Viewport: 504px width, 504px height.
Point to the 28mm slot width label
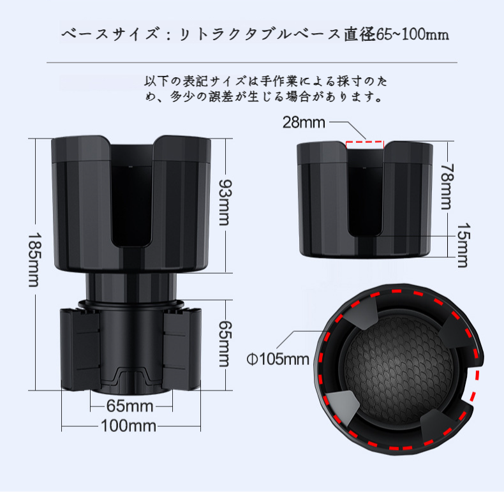pyautogui.click(x=304, y=122)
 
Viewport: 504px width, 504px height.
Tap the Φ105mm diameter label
pyautogui.click(x=278, y=359)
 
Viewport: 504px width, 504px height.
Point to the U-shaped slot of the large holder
pyautogui.click(x=135, y=198)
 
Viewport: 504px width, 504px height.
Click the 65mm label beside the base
pyautogui.click(x=223, y=343)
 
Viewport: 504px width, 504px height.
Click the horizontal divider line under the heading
pyautogui.click(x=252, y=63)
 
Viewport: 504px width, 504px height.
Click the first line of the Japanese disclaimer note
pyautogui.click(x=265, y=82)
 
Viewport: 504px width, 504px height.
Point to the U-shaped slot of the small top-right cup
pyautogui.click(x=366, y=191)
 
